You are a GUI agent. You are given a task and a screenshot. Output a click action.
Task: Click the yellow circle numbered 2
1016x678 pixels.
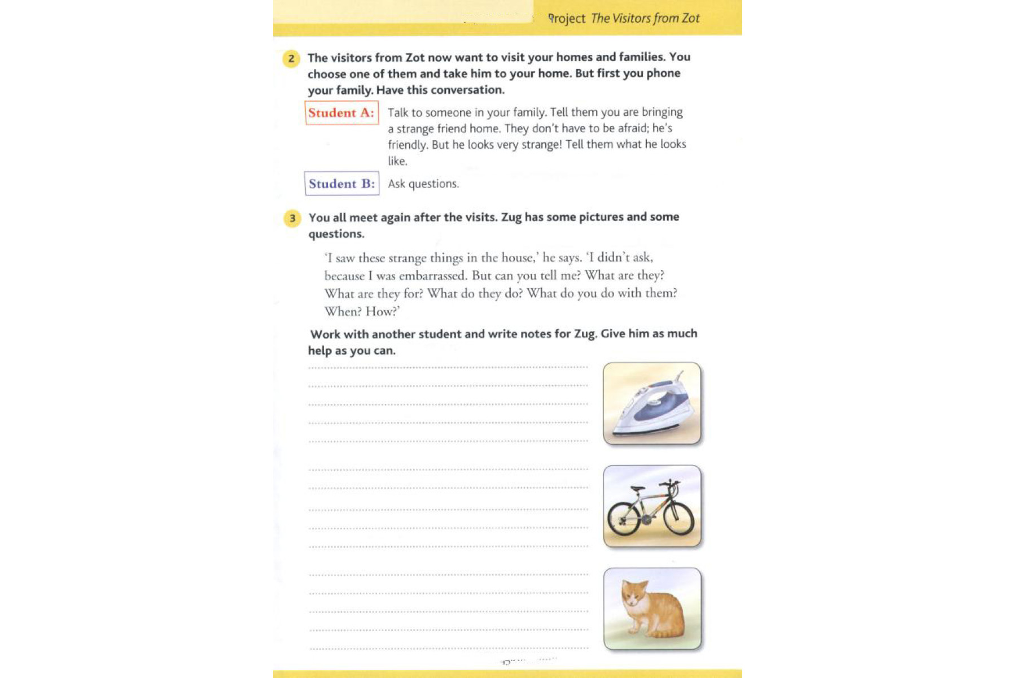tap(291, 58)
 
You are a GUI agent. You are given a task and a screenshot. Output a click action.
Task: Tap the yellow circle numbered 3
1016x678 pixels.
tap(292, 218)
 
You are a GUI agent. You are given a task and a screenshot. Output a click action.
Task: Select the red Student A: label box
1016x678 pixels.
tap(341, 112)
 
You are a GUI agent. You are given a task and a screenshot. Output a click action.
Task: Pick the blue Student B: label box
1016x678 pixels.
tap(341, 184)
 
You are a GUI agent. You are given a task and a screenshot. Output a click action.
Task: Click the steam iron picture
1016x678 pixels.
tap(652, 403)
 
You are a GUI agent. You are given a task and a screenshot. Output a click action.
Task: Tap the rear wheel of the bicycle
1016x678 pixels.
tap(624, 519)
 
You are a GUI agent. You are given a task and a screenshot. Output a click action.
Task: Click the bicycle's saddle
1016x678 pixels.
tap(637, 489)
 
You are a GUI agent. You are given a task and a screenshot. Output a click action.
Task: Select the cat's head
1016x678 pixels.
tap(634, 594)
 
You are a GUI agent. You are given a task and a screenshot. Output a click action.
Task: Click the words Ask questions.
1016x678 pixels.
tap(423, 184)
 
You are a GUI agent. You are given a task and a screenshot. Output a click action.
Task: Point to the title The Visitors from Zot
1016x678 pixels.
tap(645, 18)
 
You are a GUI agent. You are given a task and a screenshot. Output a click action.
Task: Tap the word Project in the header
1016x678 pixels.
tap(567, 19)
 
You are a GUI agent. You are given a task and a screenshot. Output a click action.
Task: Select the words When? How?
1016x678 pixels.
tap(362, 311)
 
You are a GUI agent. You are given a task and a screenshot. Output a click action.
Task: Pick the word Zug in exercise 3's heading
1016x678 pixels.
tap(511, 217)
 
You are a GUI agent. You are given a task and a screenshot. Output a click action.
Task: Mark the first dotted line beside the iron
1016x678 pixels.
tap(448, 368)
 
